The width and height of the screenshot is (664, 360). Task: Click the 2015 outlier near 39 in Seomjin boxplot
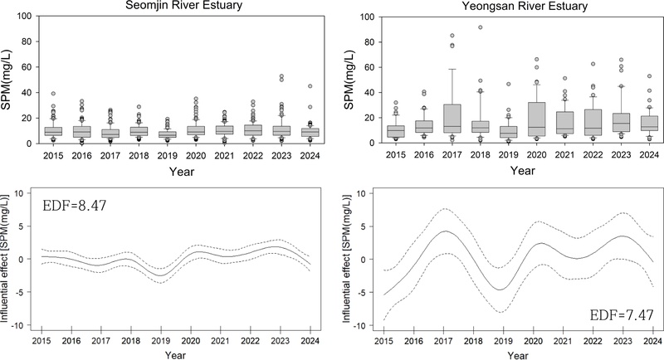(53, 94)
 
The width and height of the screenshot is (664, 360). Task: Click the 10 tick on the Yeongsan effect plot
(362, 193)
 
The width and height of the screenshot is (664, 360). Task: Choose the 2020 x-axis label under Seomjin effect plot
(190, 341)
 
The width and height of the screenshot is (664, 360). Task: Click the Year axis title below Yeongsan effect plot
(516, 354)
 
